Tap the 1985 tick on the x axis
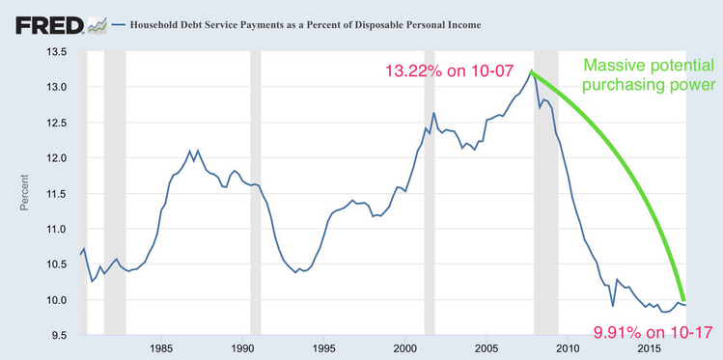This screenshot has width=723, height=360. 161,348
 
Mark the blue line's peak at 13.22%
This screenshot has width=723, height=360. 530,71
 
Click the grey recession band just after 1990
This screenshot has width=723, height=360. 256,193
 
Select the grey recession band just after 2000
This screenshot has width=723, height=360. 431,193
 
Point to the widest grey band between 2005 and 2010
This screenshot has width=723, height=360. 545,193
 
